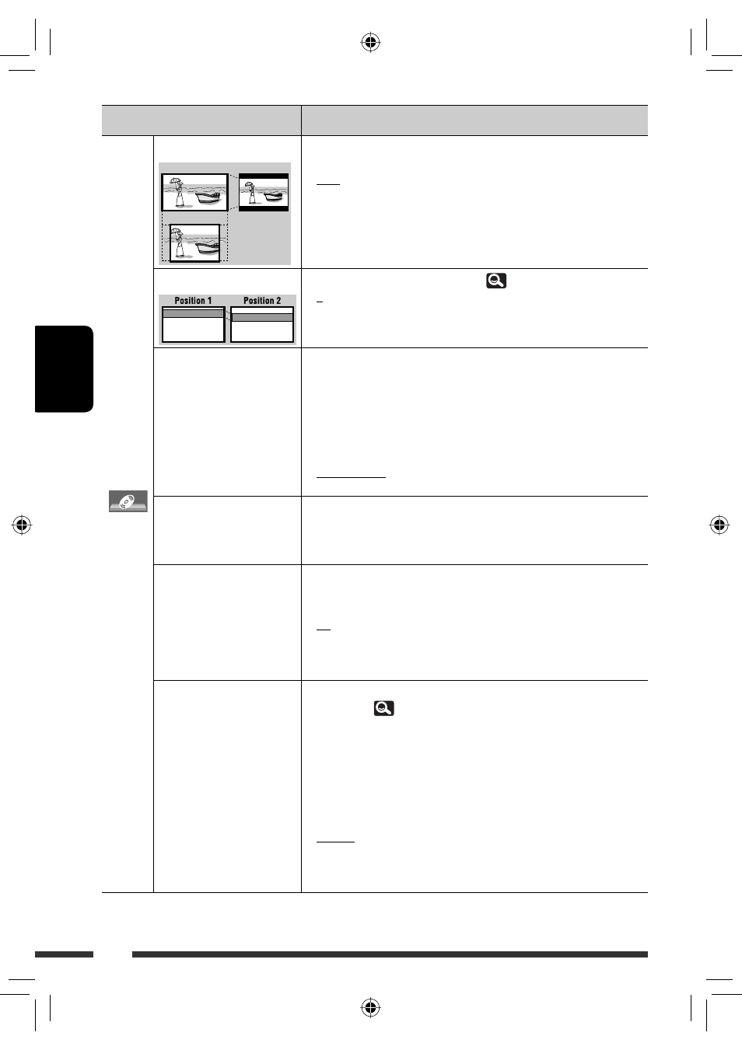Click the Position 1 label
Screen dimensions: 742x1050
point(193,301)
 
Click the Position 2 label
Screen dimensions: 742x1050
point(262,301)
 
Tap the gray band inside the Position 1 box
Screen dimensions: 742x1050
point(193,313)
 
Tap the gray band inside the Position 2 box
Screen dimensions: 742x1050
point(262,317)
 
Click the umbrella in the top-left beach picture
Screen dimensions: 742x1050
point(176,182)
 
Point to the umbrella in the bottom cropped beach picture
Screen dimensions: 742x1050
point(177,232)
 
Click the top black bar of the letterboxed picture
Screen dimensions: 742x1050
point(264,176)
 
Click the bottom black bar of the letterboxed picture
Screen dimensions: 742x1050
point(264,208)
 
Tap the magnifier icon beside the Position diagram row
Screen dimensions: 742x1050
point(496,281)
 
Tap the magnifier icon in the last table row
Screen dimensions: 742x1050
point(383,708)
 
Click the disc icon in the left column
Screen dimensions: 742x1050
point(128,501)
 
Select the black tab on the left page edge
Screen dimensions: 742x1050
point(65,369)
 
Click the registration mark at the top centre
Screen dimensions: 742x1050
point(370,43)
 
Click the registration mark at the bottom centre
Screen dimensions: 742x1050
point(370,1007)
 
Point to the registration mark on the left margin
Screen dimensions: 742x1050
point(22,525)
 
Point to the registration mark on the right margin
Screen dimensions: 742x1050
point(719,525)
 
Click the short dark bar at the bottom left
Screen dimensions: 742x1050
point(65,954)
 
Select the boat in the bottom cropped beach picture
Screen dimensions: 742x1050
point(208,247)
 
